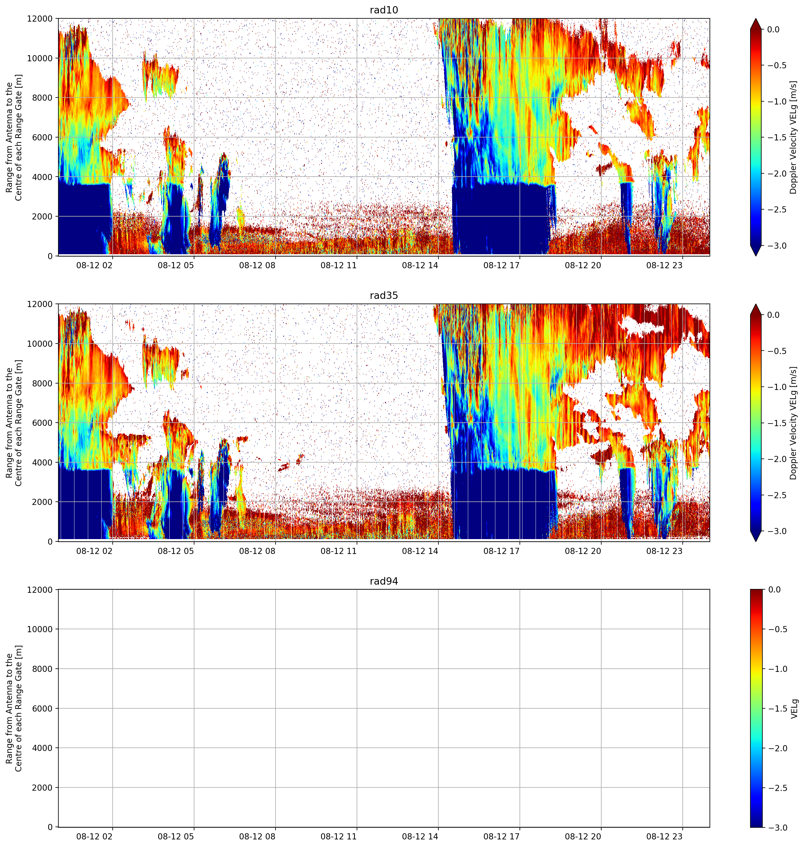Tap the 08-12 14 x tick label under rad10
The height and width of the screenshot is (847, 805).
[420, 265]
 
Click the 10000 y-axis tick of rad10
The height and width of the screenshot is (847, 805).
[40, 58]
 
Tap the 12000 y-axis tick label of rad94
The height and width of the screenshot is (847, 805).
[40, 590]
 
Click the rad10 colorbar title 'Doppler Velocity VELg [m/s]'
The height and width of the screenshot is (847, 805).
[793, 137]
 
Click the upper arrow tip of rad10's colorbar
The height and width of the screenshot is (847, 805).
[756, 18]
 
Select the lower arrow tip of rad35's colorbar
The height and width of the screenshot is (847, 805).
[756, 541]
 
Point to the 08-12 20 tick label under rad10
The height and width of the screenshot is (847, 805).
[583, 265]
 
